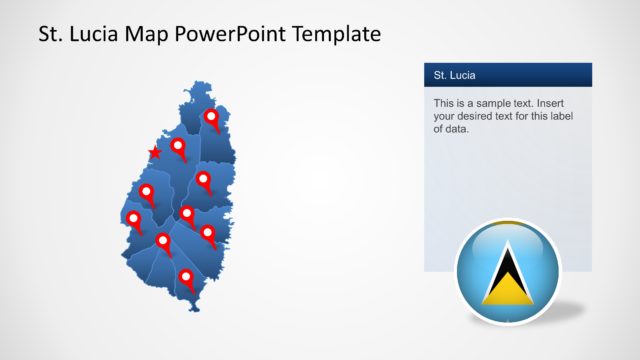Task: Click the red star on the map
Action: pyautogui.click(x=154, y=153)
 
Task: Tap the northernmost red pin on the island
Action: pyautogui.click(x=211, y=118)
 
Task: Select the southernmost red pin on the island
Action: pyautogui.click(x=185, y=277)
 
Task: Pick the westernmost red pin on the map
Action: pyautogui.click(x=133, y=217)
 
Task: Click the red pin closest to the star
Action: pyautogui.click(x=178, y=147)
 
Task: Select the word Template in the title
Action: pyautogui.click(x=334, y=35)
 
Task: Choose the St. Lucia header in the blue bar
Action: pyautogui.click(x=455, y=75)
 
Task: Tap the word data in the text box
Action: pyautogui.click(x=456, y=129)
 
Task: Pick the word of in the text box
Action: pyautogui.click(x=440, y=129)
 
